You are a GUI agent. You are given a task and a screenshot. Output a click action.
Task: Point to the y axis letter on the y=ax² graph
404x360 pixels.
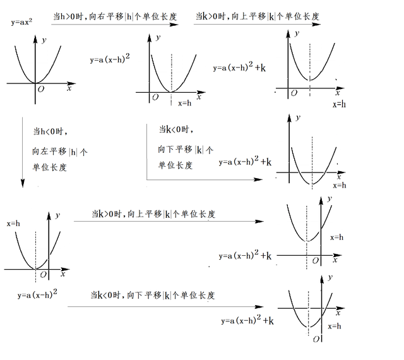pos(44,40)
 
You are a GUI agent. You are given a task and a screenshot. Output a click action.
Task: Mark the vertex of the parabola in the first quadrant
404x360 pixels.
pos(310,80)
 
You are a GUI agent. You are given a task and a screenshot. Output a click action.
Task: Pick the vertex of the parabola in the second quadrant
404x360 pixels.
pos(307,241)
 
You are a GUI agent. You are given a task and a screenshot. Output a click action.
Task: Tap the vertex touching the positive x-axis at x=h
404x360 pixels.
pos(171,92)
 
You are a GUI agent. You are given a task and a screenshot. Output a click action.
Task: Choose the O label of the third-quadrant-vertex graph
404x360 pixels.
pos(316,339)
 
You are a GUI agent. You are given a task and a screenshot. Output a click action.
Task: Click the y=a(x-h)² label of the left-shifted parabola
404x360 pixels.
pos(37,295)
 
